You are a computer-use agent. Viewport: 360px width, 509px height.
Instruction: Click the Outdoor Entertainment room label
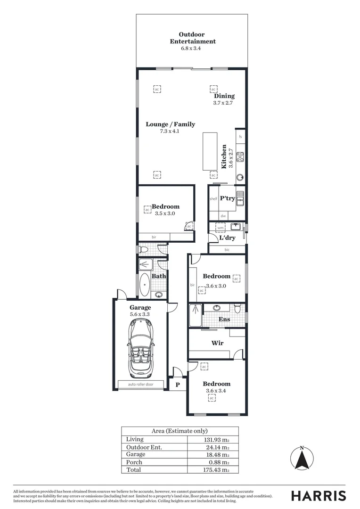pyautogui.click(x=192, y=38)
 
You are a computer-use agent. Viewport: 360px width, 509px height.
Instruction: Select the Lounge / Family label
pyautogui.click(x=170, y=124)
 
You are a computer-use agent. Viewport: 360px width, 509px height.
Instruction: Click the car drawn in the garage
pyautogui.click(x=140, y=347)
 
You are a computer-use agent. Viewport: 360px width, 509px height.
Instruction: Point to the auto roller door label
pyautogui.click(x=140, y=385)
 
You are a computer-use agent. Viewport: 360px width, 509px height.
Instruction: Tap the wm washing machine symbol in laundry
pyautogui.click(x=220, y=228)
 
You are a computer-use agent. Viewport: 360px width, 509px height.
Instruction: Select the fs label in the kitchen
pyautogui.click(x=240, y=137)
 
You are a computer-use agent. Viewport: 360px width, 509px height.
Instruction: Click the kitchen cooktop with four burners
pyautogui.click(x=240, y=157)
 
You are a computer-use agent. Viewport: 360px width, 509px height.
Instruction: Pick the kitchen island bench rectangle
pyautogui.click(x=210, y=151)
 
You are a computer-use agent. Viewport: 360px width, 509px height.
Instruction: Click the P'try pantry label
pyautogui.click(x=227, y=198)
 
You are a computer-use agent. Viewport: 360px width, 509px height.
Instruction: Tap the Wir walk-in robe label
pyautogui.click(x=217, y=343)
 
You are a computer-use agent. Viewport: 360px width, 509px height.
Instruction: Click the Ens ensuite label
pyautogui.click(x=224, y=319)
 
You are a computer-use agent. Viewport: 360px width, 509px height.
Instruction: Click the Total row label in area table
pyautogui.click(x=133, y=470)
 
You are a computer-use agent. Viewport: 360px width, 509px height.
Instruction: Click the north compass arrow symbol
pyautogui.click(x=302, y=458)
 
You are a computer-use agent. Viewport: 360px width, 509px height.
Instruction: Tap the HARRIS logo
pyautogui.click(x=318, y=496)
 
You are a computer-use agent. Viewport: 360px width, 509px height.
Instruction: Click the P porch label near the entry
pyautogui.click(x=178, y=385)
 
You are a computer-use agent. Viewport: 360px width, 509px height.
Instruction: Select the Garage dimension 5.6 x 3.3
pyautogui.click(x=140, y=314)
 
